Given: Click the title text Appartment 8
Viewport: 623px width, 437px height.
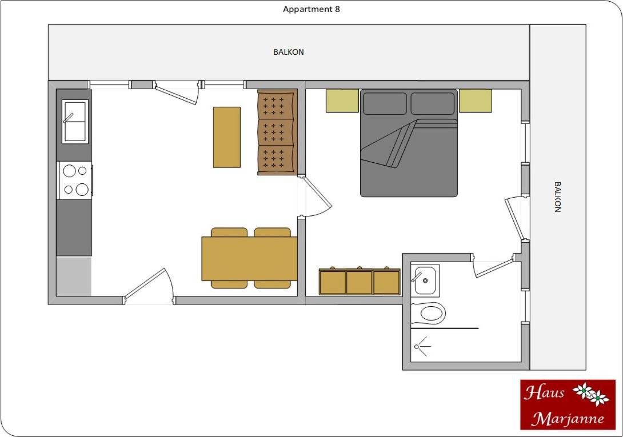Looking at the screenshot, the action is pyautogui.click(x=311, y=9).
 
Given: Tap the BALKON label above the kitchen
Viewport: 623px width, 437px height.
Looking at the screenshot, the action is pyautogui.click(x=289, y=52).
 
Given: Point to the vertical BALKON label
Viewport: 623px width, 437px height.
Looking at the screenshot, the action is pyautogui.click(x=557, y=197).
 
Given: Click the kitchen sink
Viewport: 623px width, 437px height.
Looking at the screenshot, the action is pyautogui.click(x=75, y=121).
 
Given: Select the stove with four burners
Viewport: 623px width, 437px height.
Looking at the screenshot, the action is pyautogui.click(x=75, y=181).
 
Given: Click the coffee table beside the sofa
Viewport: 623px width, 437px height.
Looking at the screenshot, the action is pyautogui.click(x=227, y=137).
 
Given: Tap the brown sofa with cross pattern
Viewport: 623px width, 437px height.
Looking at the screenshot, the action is pyautogui.click(x=277, y=133).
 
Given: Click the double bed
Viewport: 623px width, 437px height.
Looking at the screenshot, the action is pyautogui.click(x=409, y=143).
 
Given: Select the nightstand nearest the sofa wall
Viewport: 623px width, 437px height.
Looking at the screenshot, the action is pyautogui.click(x=342, y=101).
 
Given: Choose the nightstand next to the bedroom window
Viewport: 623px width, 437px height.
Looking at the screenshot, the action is pyautogui.click(x=476, y=101).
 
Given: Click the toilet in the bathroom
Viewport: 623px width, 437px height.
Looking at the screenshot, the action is pyautogui.click(x=428, y=314).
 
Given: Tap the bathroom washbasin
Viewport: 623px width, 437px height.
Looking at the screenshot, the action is pyautogui.click(x=425, y=280).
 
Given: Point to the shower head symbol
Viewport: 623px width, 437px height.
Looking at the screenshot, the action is pyautogui.click(x=422, y=346).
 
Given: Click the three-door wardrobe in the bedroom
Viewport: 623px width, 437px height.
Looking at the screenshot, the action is pyautogui.click(x=360, y=281).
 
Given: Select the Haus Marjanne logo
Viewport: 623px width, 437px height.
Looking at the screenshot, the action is pyautogui.click(x=568, y=405).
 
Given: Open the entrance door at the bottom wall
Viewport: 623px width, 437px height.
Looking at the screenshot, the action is pyautogui.click(x=149, y=286).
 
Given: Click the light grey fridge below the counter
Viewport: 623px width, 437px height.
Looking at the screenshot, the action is pyautogui.click(x=74, y=276).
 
